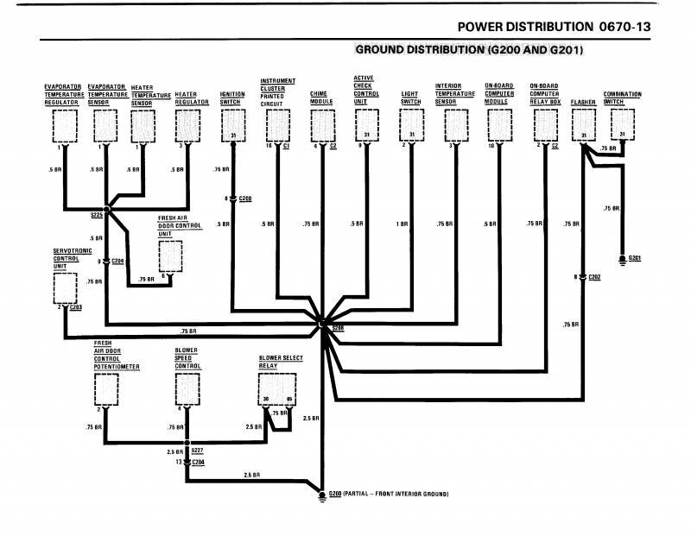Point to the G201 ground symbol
(623, 259)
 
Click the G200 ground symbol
(321, 495)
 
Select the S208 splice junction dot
(321, 324)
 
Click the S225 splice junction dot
(107, 208)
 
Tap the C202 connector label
(594, 277)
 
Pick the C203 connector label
(75, 307)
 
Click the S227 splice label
(198, 451)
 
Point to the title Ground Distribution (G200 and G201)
(469, 50)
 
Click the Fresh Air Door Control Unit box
(171, 256)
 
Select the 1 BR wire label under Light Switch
(402, 224)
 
